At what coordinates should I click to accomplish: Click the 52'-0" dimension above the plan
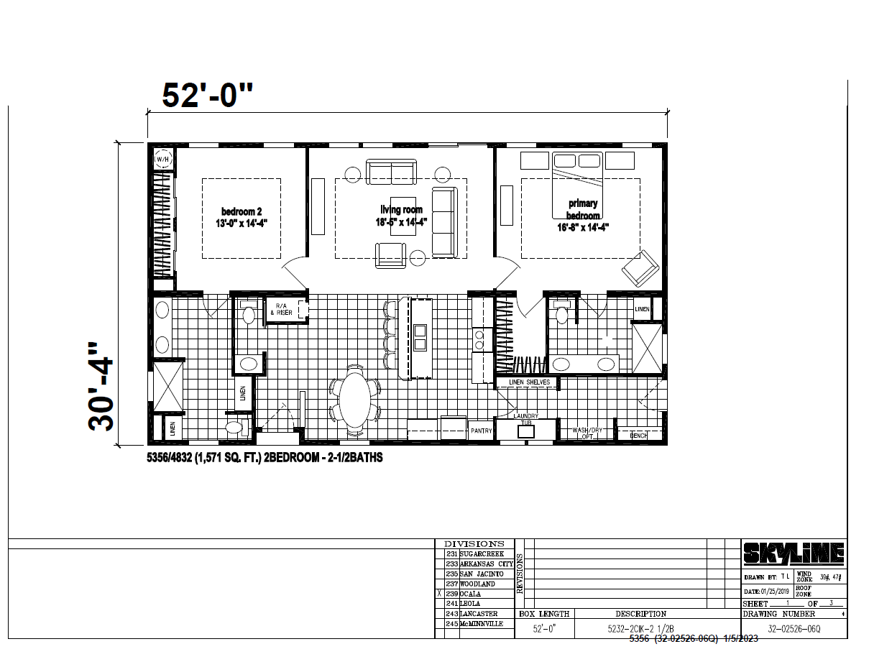[208, 96]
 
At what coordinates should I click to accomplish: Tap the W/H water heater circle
[162, 159]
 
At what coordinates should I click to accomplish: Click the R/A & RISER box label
[283, 310]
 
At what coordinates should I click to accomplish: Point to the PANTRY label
[481, 431]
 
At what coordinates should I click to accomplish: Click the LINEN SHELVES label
[529, 382]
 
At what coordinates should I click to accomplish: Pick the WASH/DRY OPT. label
[587, 433]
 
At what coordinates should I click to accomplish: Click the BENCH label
[638, 435]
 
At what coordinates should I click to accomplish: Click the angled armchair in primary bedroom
[640, 269]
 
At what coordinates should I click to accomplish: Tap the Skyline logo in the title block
[793, 554]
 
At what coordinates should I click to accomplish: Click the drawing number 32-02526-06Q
[794, 628]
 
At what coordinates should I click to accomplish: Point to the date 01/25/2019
[773, 591]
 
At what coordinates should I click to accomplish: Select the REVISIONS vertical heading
[520, 574]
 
